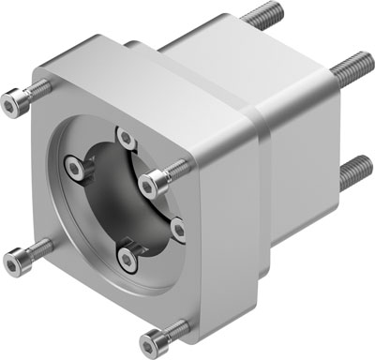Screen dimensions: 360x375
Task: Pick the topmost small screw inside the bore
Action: coord(123,138)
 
